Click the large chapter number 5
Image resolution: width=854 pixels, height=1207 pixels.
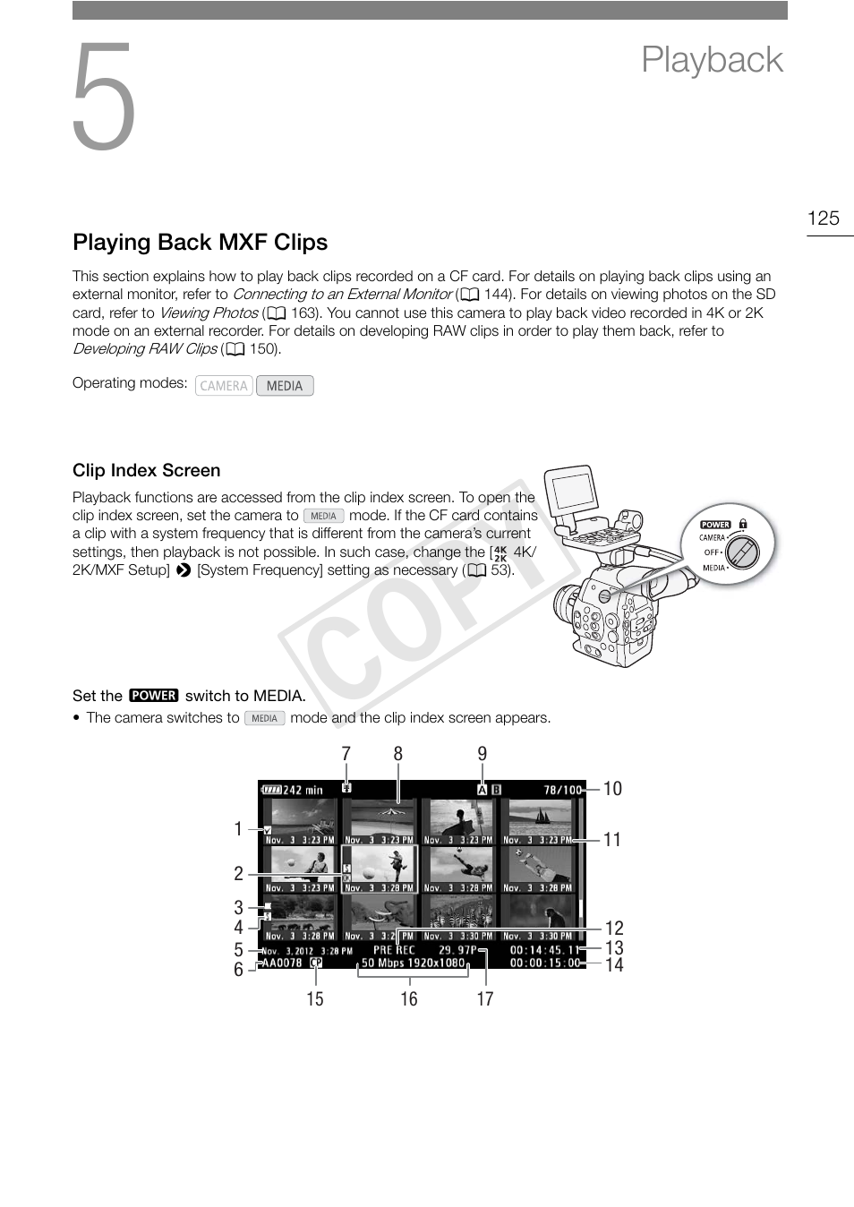tap(104, 98)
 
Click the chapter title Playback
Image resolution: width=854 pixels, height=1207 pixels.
tap(712, 60)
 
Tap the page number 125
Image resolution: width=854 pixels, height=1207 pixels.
tap(823, 218)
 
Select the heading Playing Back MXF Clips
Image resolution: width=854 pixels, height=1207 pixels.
tap(200, 243)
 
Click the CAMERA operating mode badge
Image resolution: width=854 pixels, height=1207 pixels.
tap(224, 386)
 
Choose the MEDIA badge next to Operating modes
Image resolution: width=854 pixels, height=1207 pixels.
tap(285, 386)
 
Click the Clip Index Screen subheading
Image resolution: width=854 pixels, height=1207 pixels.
tap(146, 471)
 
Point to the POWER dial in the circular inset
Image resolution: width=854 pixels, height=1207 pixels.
tap(742, 551)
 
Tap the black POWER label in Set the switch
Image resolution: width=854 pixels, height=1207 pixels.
tap(154, 696)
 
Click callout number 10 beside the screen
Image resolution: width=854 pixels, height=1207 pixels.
tap(612, 789)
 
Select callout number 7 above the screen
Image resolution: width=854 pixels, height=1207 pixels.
tap(346, 754)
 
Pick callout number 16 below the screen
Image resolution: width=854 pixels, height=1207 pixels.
tap(408, 999)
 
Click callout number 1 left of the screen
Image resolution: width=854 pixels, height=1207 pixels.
tap(238, 829)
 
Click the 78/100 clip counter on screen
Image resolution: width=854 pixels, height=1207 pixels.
tap(562, 791)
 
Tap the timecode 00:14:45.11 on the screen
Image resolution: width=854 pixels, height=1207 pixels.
tap(544, 950)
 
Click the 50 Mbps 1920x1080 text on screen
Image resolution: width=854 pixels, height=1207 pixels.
tap(414, 963)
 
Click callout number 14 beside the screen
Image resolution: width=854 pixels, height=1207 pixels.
tap(614, 965)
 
